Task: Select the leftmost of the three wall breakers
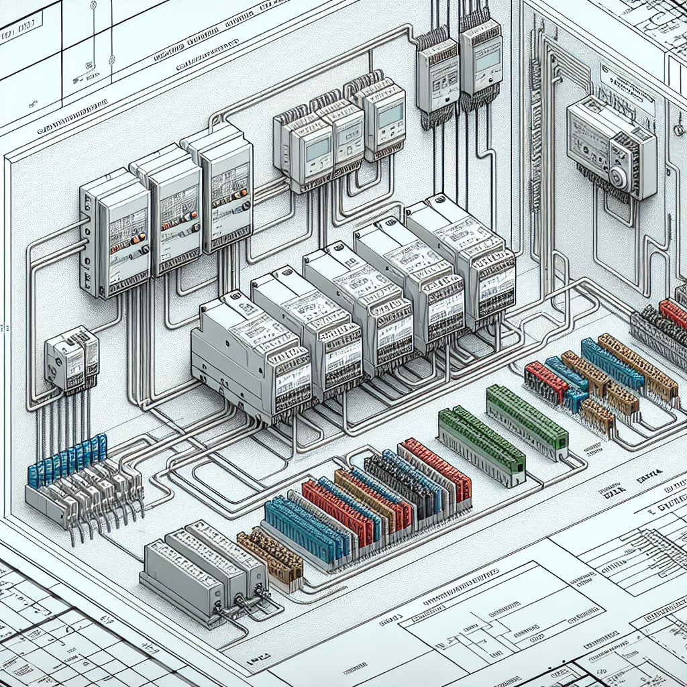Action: pyautogui.click(x=115, y=235)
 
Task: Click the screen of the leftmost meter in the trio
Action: pyautogui.click(x=317, y=149)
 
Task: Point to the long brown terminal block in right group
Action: pyautogui.click(x=637, y=366)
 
